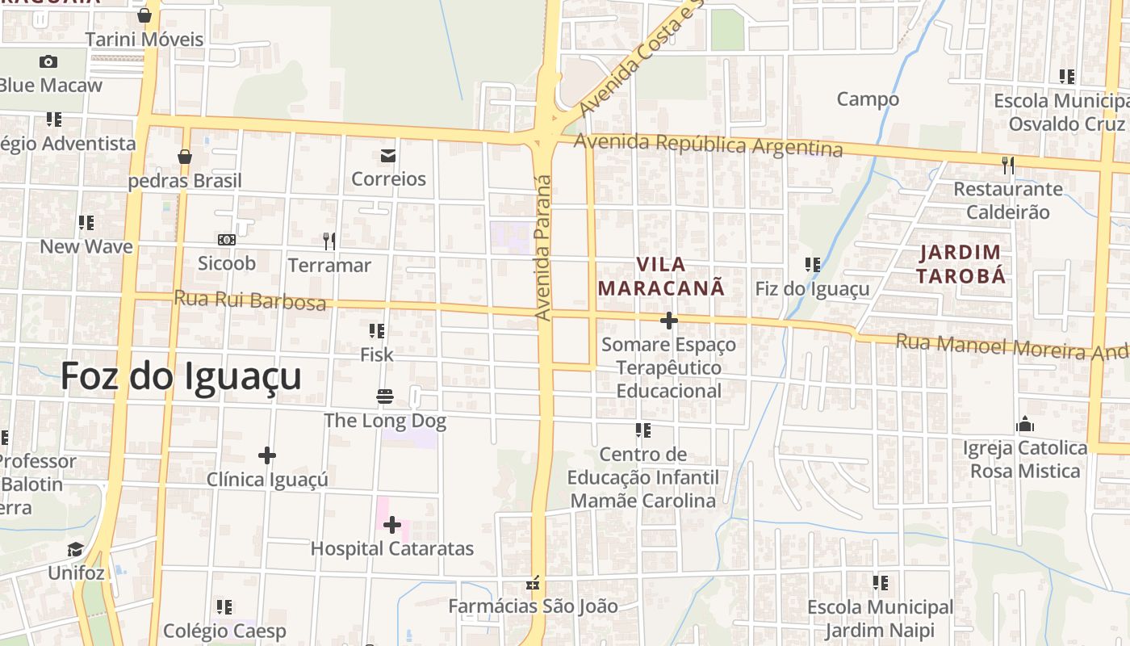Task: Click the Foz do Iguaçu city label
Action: [181, 376]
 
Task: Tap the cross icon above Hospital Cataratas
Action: [392, 526]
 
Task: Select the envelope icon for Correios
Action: [388, 155]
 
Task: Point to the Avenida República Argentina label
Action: [708, 145]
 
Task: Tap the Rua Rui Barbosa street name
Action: [249, 300]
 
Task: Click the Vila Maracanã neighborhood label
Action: [661, 275]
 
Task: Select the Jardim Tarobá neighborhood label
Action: [960, 264]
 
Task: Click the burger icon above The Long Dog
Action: [384, 396]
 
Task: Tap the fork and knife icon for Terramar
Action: [329, 241]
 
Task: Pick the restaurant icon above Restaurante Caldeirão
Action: [1007, 166]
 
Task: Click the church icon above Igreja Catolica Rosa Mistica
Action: [1025, 425]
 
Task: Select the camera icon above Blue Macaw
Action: [48, 61]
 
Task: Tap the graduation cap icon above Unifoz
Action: [75, 550]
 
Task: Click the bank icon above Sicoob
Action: [227, 240]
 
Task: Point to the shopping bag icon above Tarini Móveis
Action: [144, 15]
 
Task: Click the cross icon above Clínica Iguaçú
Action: [267, 455]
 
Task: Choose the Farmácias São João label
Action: [533, 606]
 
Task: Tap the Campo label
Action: [868, 99]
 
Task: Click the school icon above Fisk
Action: [376, 330]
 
